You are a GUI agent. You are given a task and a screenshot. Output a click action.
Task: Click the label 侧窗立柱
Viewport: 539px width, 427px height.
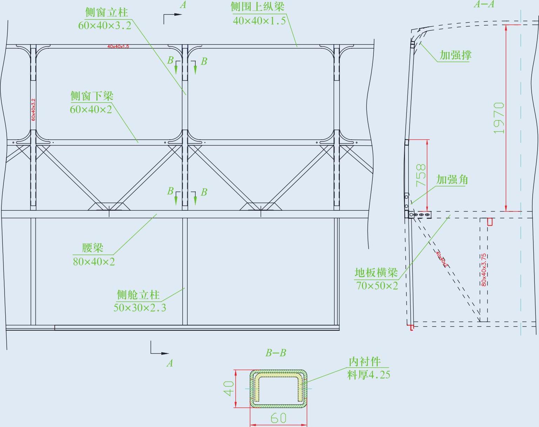[107, 12]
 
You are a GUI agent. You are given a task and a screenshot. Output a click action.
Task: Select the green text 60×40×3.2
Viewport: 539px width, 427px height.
[105, 25]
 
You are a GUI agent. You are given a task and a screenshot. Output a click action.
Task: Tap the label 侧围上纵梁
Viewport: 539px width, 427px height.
[257, 7]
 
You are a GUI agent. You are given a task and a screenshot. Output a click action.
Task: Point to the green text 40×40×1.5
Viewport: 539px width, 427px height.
[259, 21]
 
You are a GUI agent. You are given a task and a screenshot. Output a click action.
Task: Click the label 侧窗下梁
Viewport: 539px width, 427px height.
[92, 96]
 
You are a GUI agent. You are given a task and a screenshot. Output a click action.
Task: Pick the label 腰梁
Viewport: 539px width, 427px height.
[93, 248]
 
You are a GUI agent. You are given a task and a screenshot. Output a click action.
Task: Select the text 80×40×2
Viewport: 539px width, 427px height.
[94, 261]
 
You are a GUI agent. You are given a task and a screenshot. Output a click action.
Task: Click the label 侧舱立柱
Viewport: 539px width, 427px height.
[138, 295]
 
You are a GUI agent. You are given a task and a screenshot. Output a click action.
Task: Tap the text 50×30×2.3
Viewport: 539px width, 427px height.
[140, 308]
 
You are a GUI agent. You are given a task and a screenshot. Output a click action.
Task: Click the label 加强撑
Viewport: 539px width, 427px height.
[456, 55]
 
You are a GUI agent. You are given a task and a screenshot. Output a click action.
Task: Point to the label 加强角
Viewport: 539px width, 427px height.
[452, 180]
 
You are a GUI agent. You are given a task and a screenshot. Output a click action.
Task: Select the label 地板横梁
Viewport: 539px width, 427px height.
[376, 272]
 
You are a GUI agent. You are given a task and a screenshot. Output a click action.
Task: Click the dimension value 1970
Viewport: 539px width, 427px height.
[499, 118]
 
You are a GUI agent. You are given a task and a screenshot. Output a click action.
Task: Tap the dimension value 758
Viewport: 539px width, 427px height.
[421, 175]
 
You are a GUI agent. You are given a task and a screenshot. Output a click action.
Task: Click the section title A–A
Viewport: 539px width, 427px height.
[484, 4]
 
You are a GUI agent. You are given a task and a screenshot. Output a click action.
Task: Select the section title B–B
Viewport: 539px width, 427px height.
[276, 353]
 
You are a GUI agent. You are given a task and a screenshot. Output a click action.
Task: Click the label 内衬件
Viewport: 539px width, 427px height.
[364, 362]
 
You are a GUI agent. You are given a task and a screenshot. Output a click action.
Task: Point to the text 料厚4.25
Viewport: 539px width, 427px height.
[369, 375]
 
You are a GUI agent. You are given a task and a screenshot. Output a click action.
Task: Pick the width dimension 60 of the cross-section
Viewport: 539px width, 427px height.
[278, 418]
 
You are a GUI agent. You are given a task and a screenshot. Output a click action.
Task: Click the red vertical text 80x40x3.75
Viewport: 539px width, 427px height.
[484, 270]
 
